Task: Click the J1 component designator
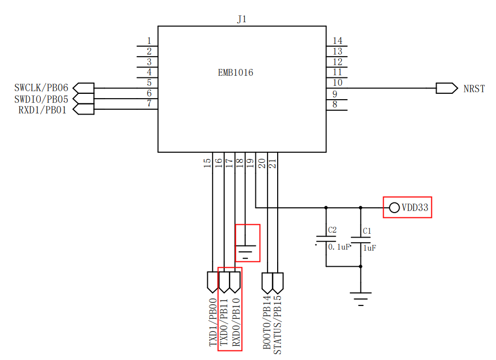tap(242, 19)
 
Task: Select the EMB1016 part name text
tap(236, 73)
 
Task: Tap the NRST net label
tap(474, 89)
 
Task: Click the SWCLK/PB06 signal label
tap(41, 87)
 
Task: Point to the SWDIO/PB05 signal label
tap(41, 100)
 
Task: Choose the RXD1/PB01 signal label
tap(42, 110)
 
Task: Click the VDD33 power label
tap(415, 208)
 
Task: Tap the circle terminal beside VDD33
tap(394, 208)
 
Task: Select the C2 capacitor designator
tap(332, 230)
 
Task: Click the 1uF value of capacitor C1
tap(369, 248)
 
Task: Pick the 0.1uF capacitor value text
tap(339, 247)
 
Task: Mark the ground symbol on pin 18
tap(245, 252)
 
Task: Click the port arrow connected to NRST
tap(447, 89)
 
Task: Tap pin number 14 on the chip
tap(338, 41)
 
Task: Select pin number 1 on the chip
tap(149, 41)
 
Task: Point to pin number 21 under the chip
tap(273, 163)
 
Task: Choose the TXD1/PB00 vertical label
tap(213, 322)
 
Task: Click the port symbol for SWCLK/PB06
tap(84, 88)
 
